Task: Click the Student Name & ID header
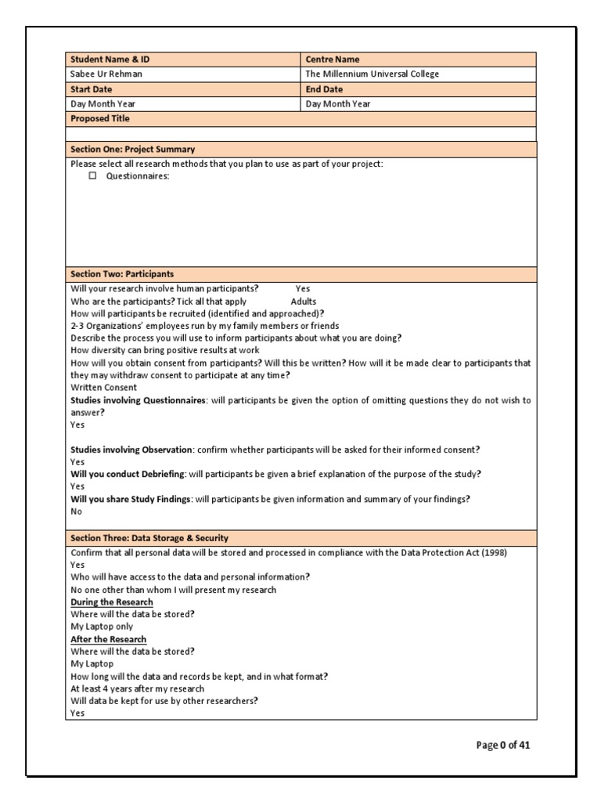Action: tap(107, 60)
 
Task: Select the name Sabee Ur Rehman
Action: tap(106, 74)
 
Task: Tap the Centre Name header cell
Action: tap(333, 60)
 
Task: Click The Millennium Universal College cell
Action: tap(372, 74)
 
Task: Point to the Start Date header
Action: tap(92, 89)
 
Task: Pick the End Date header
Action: tap(324, 89)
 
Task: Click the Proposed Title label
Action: tap(100, 119)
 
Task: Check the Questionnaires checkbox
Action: tap(92, 176)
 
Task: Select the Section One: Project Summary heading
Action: tap(133, 149)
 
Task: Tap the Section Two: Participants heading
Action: tap(122, 274)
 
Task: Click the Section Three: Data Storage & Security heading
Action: tap(149, 538)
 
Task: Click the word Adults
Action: tap(304, 301)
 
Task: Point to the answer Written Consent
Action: tap(103, 387)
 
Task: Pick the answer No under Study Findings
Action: tap(76, 511)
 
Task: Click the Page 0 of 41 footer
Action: tap(503, 745)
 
